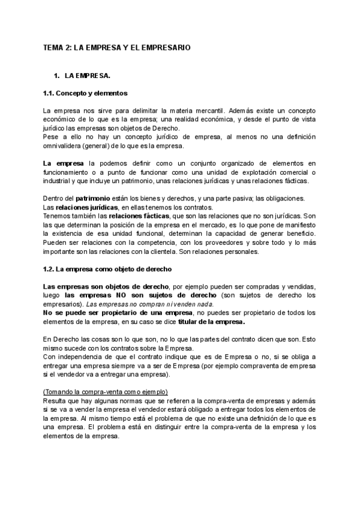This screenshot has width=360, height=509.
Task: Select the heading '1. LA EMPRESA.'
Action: coord(82,76)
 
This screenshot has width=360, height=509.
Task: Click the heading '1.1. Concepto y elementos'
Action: coord(85,94)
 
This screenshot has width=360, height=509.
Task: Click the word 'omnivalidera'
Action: coord(61,146)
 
